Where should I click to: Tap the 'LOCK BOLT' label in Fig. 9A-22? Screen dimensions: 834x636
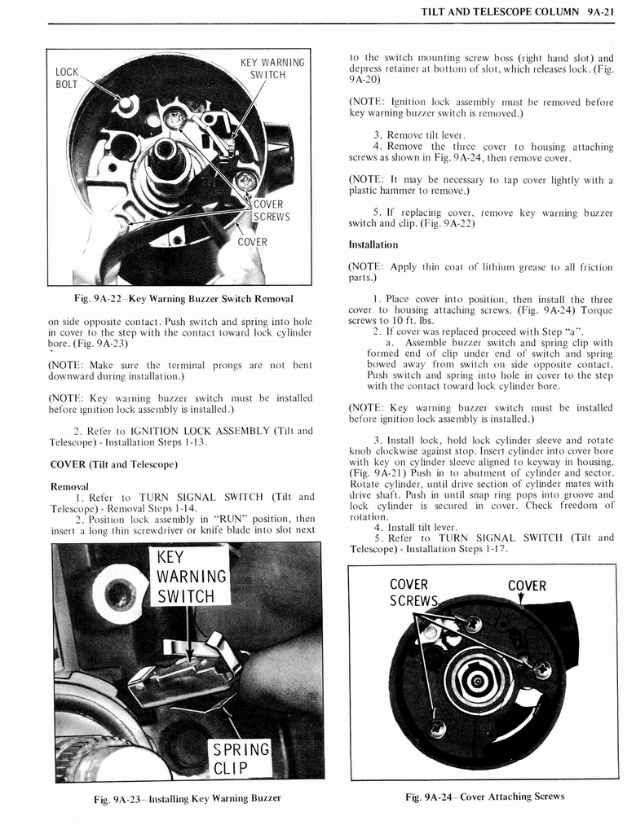(67, 78)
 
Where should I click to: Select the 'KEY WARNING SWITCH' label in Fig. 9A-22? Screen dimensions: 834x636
(272, 68)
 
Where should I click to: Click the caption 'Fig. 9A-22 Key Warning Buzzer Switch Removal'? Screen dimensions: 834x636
(181, 299)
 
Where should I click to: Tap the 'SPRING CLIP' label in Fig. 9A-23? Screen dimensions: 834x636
(240, 758)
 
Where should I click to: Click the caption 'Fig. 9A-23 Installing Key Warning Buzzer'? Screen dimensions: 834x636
(187, 798)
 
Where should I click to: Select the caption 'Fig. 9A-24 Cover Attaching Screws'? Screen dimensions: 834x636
(484, 797)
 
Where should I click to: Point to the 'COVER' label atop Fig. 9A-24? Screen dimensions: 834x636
(527, 586)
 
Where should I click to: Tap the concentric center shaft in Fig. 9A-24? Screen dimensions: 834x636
(478, 680)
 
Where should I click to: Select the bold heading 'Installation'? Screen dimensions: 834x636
(373, 244)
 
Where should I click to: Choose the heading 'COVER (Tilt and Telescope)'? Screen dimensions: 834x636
(113, 464)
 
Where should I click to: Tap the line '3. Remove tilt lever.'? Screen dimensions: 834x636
(419, 135)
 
